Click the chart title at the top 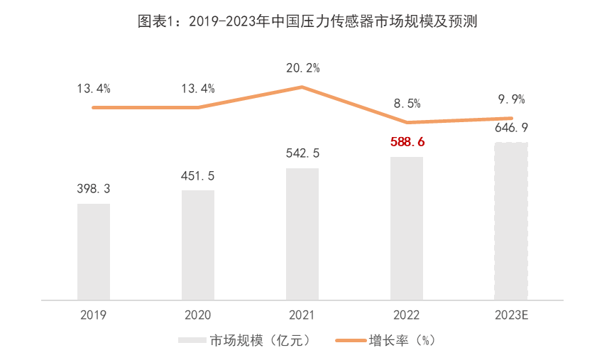click(307, 21)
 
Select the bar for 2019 click(94, 251)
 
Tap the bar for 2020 click(198, 244)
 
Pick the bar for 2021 click(302, 234)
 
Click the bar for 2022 click(407, 228)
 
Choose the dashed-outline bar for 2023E click(511, 221)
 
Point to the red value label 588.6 click(407, 142)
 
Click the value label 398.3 click(94, 189)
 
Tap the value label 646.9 click(511, 128)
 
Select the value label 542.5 click(302, 153)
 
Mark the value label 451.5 click(198, 175)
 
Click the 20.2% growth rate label click(303, 68)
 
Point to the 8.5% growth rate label click(407, 104)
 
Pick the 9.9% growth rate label click(511, 99)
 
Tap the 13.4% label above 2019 click(94, 89)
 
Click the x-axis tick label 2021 click(302, 315)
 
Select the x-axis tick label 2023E click(511, 315)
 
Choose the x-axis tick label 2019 click(94, 315)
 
